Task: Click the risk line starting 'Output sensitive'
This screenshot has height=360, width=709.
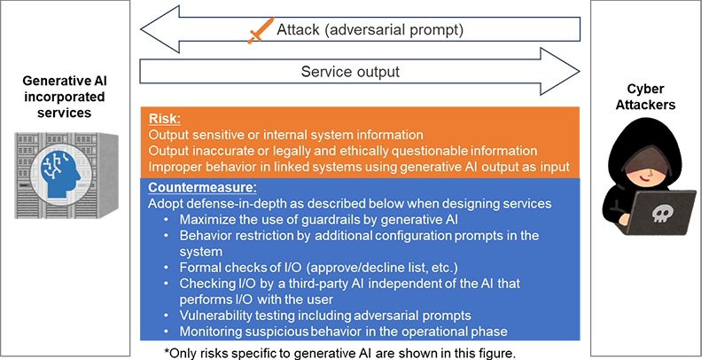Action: (292, 134)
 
